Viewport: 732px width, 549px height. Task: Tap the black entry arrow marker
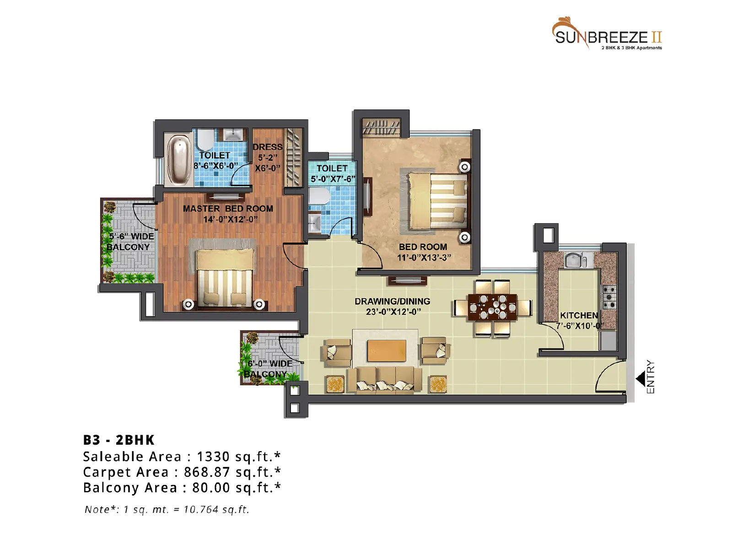coord(640,379)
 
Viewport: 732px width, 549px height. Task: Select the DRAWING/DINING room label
coord(392,301)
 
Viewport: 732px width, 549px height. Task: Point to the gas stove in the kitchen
coord(609,296)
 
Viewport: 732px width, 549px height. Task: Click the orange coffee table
coord(387,350)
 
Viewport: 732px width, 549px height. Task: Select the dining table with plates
coord(493,307)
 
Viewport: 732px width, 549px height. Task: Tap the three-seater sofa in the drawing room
coord(384,380)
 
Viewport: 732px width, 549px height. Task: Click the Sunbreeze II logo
coord(607,34)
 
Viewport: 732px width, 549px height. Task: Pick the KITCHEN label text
coord(579,315)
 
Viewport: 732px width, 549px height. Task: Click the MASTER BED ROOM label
coord(228,209)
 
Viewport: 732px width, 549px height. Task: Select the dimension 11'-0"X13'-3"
coord(424,258)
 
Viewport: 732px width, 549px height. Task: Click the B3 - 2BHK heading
coord(118,440)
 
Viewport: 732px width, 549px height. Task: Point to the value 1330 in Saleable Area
coord(213,456)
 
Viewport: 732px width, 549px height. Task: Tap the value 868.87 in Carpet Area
coord(207,472)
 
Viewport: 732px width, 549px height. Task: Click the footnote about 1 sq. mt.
coord(167,509)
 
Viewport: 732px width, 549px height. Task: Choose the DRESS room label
coord(268,147)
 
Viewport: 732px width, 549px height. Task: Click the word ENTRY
coord(651,377)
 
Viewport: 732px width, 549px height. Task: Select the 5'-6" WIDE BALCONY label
coord(130,242)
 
